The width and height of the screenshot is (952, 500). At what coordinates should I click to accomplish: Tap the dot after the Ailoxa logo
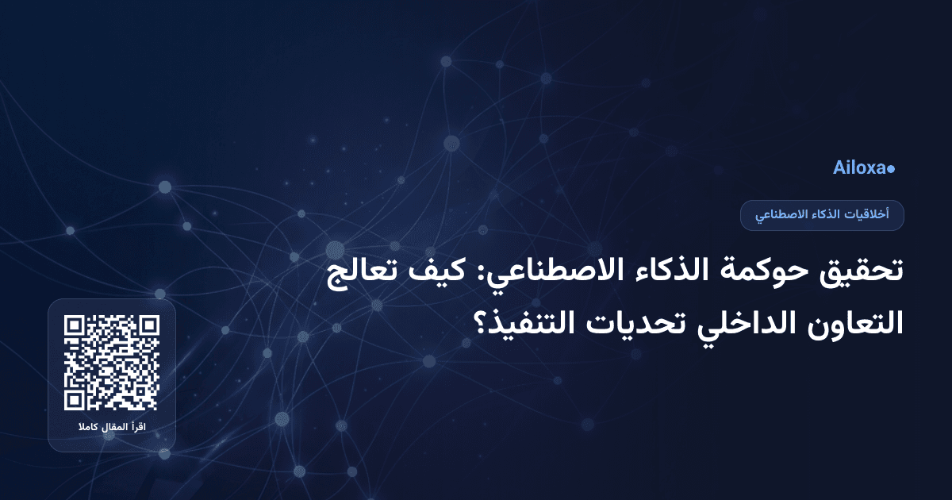point(892,169)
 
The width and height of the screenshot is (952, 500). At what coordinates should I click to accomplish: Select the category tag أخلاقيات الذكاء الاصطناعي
point(822,215)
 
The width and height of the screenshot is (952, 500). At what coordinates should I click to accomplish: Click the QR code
point(112,363)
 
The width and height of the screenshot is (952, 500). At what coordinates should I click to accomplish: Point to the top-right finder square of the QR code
point(148,326)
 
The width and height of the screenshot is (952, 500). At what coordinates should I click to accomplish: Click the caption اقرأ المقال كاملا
point(112,429)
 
